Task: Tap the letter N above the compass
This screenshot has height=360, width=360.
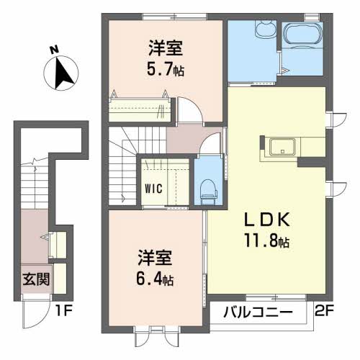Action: click(54, 50)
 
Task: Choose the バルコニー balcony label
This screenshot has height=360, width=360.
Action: click(257, 312)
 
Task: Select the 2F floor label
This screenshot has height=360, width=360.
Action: click(325, 312)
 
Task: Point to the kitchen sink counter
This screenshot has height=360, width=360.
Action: click(282, 147)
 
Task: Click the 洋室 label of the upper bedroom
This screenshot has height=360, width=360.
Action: click(165, 49)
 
